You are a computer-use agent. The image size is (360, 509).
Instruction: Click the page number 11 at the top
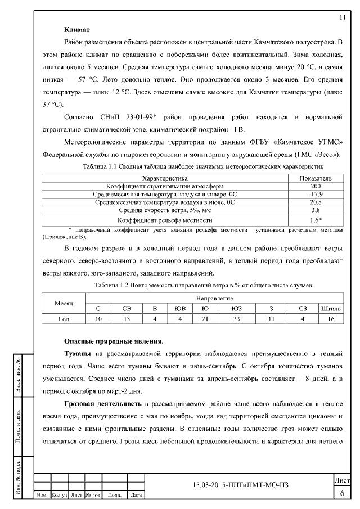click(342, 17)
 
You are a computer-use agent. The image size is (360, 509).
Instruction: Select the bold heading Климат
click(78, 29)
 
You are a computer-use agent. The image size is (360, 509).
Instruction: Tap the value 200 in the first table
click(316, 186)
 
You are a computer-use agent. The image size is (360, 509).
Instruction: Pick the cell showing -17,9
click(316, 194)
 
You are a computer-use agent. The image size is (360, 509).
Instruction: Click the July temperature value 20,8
click(316, 202)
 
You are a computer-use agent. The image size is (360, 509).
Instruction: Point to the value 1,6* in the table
click(316, 220)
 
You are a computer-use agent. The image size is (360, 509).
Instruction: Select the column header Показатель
click(316, 178)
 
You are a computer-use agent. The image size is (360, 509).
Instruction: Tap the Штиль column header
click(330, 308)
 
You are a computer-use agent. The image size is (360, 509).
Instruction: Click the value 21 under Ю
click(205, 319)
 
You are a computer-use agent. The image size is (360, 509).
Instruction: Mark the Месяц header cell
click(64, 303)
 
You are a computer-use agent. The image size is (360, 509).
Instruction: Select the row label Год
click(64, 319)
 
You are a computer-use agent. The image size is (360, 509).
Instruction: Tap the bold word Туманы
click(79, 354)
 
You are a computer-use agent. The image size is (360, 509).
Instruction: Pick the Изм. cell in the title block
click(42, 496)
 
